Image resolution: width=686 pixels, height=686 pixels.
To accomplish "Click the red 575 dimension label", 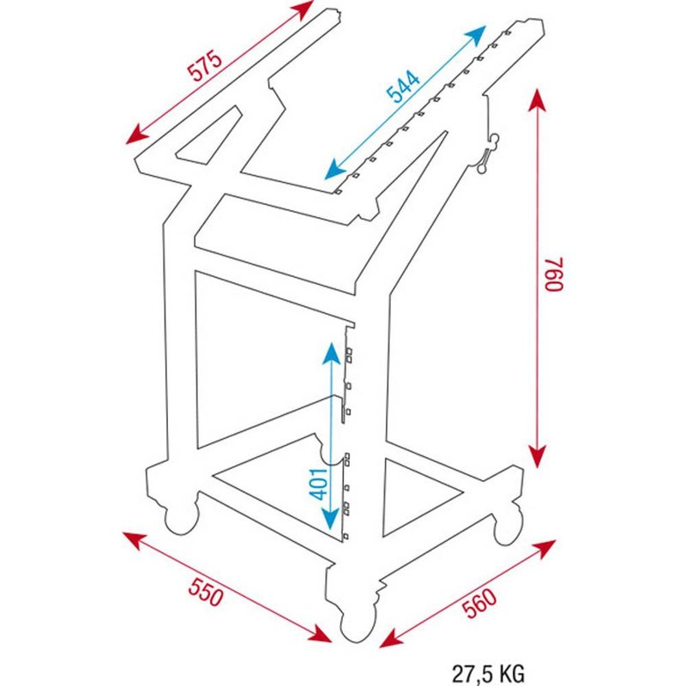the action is point(204,66).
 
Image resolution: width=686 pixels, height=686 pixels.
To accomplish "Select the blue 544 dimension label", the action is point(403,87).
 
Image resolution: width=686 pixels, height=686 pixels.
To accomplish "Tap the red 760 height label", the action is point(554,274).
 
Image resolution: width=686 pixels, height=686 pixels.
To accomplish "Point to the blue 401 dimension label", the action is point(318,484).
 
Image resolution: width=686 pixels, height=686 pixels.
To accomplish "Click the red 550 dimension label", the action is point(206,592).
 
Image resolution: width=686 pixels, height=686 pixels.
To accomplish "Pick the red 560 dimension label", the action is point(480,604).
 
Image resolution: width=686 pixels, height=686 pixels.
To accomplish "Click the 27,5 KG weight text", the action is point(488,674).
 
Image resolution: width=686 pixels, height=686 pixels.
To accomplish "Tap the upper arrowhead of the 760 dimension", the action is point(538,100).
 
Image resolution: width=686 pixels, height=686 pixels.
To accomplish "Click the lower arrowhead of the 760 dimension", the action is point(538,456).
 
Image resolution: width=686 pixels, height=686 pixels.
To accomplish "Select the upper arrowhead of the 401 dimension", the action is point(331,353).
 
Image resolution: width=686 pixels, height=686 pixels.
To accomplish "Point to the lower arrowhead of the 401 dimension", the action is point(331,518).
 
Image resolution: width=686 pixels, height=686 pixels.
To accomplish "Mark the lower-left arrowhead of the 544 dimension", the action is point(335,170).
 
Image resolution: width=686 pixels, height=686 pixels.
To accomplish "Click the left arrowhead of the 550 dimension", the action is point(135,540).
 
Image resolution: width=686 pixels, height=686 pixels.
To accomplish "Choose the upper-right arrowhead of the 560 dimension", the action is point(544,549).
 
